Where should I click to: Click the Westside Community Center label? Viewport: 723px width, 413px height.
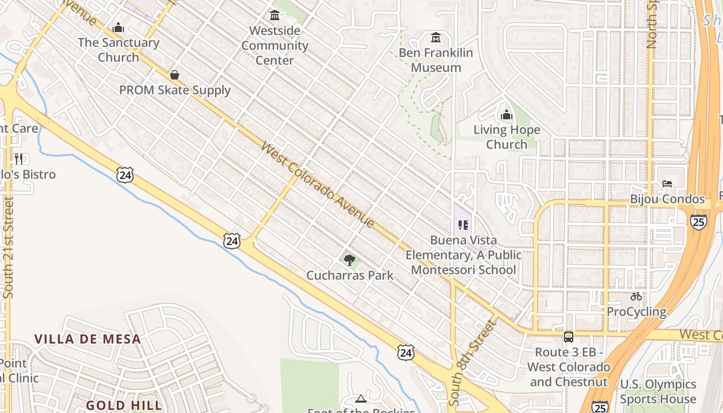pos(275,45)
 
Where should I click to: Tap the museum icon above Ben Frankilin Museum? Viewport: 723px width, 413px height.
pos(436,38)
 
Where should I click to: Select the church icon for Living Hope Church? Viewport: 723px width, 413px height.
pos(507,114)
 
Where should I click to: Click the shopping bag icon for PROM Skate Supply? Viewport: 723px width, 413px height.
pos(175,75)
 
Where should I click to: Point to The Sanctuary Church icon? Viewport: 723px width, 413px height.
pos(118,27)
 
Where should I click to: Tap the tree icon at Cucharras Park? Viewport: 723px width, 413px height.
pos(350,260)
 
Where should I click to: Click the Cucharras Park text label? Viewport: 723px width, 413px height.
pos(350,275)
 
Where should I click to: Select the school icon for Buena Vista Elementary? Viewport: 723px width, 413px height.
pos(463,225)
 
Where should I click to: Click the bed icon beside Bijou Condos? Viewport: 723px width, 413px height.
pos(667,184)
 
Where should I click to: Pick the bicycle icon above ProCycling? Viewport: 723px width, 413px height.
pos(636,296)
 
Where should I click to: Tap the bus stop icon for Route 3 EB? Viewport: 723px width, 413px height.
pos(569,337)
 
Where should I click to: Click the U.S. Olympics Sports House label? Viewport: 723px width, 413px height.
pos(658,392)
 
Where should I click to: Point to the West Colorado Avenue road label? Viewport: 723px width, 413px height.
pos(317,185)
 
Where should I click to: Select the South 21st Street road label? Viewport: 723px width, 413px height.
pos(8,247)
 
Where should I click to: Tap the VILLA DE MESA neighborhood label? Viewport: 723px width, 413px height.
pos(87,339)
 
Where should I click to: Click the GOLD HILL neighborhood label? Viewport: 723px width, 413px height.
pos(124,405)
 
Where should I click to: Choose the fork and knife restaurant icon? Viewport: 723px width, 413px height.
pos(19,158)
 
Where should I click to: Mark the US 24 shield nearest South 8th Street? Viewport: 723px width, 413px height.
pos(406,353)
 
